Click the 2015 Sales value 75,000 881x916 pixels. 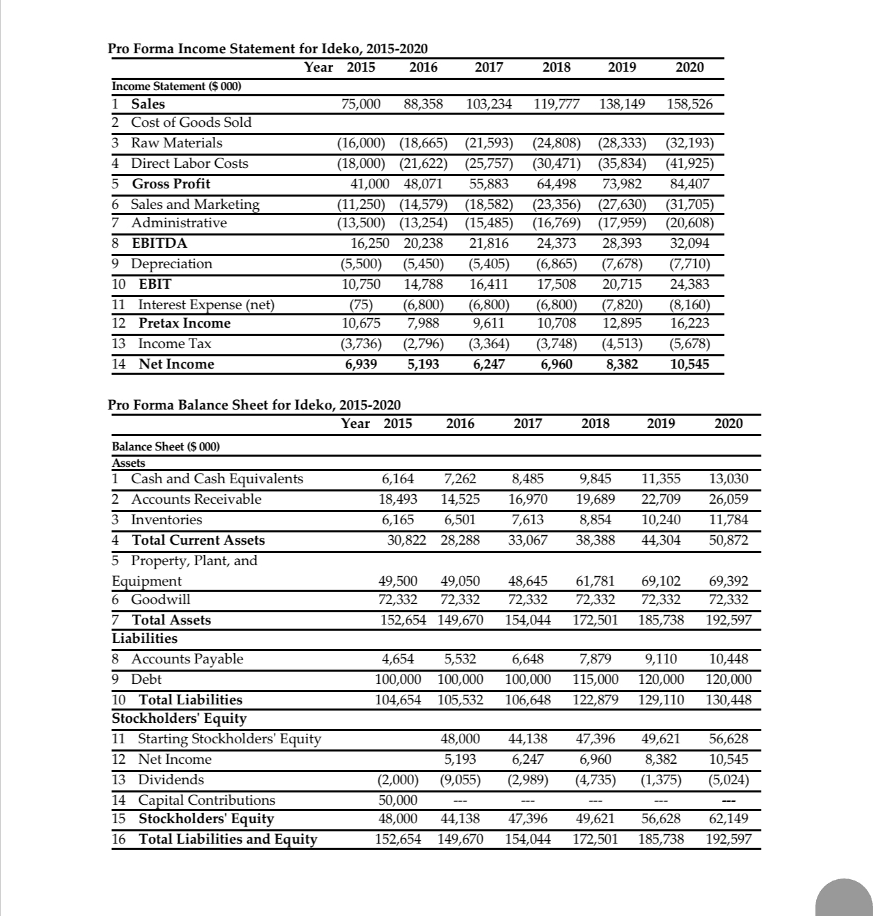pos(361,104)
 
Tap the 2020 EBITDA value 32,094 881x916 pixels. pos(689,244)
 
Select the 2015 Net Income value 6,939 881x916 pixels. pos(362,364)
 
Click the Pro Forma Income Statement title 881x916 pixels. pos(268,48)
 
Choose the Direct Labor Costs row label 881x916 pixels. pos(189,163)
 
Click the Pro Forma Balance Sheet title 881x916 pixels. pos(254,405)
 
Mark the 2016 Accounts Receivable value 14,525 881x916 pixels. pos(461,499)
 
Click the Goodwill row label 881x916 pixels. pos(160,599)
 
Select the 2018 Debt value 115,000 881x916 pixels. pos(595,679)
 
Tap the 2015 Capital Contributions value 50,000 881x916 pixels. pos(398,800)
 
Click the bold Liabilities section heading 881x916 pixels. pos(144,638)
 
